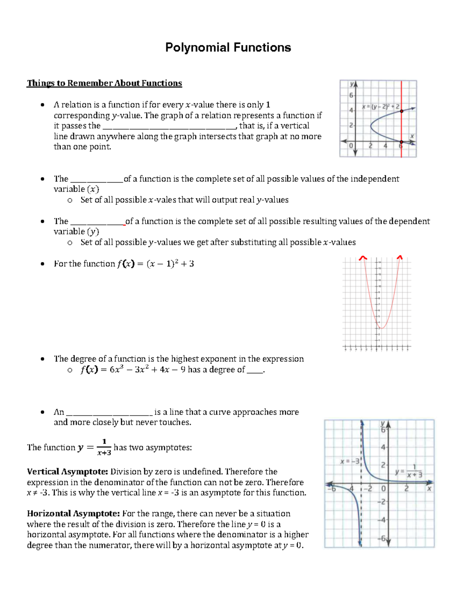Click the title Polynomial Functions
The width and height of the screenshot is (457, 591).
(x=228, y=48)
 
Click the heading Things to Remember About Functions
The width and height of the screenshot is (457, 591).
(x=104, y=83)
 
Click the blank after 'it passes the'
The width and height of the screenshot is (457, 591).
(x=169, y=127)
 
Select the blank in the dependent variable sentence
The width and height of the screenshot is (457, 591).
(x=98, y=222)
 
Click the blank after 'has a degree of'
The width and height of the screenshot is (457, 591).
(x=255, y=370)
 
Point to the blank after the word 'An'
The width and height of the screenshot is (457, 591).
(x=109, y=413)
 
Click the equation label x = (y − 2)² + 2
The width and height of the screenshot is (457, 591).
(x=380, y=107)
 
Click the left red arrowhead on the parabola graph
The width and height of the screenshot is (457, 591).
(x=363, y=258)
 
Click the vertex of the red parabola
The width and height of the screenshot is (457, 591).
(x=382, y=328)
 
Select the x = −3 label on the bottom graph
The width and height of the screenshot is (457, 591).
(x=350, y=462)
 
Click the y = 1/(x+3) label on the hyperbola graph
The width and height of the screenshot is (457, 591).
(x=409, y=471)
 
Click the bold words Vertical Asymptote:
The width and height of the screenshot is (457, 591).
(x=67, y=472)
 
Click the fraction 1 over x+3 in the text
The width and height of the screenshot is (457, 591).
(x=104, y=448)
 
